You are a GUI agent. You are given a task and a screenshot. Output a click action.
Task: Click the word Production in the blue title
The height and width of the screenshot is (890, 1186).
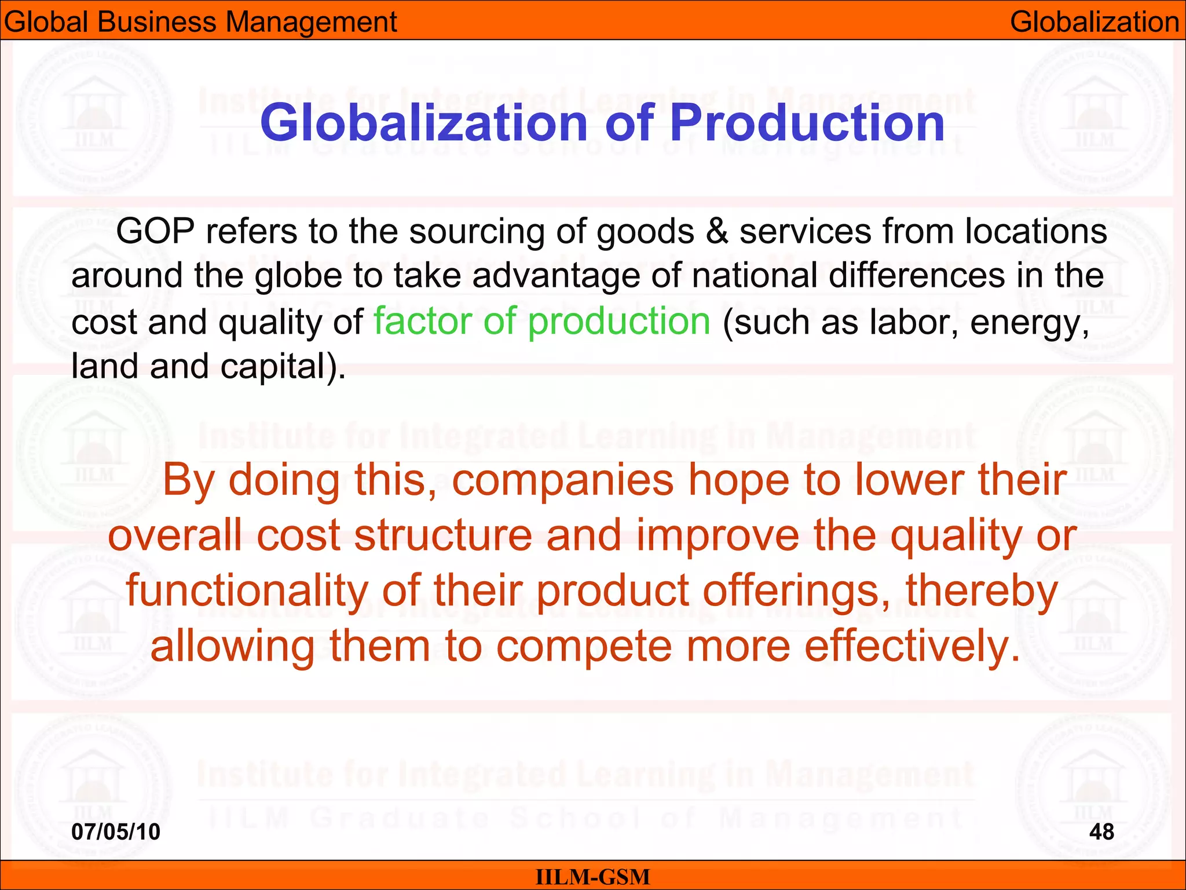coord(807,123)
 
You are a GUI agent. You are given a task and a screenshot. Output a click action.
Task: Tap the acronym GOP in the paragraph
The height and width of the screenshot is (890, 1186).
coord(155,231)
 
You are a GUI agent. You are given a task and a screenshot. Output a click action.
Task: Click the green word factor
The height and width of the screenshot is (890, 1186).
coord(423,322)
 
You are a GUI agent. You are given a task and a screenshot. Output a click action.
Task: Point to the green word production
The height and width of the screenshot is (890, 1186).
coord(619,322)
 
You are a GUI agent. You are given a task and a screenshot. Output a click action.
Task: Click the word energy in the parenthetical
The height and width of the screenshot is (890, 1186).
coord(1029,322)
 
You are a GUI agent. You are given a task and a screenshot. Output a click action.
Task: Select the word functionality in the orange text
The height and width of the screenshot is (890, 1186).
coord(247,591)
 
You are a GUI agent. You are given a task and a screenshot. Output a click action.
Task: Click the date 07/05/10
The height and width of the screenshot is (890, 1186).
coord(116,832)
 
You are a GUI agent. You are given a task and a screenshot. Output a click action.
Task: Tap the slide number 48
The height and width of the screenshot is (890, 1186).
coord(1101,832)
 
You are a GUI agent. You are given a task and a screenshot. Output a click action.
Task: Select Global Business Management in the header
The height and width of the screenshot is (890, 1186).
coord(200,22)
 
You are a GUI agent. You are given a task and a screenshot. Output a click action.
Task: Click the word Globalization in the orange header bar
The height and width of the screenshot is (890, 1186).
coord(1095,22)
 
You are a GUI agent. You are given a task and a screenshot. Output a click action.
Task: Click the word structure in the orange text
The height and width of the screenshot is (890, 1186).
coord(443,535)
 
